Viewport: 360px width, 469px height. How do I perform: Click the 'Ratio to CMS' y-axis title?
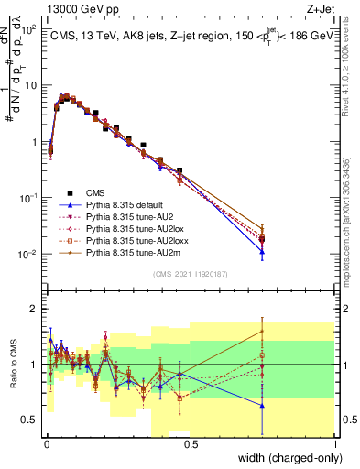click(x=13, y=365)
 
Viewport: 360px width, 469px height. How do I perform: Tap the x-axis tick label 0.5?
click(x=189, y=443)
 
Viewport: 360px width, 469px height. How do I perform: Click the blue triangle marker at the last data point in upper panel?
click(x=262, y=251)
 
